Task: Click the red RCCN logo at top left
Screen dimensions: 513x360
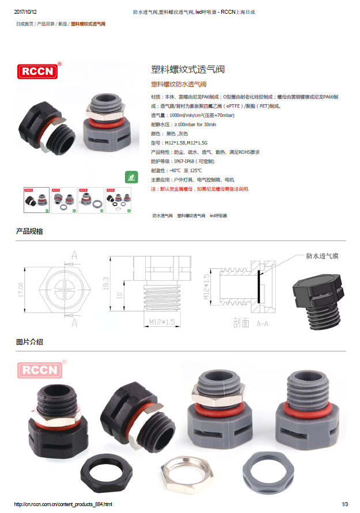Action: click(38, 71)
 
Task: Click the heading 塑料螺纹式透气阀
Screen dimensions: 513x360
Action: click(187, 70)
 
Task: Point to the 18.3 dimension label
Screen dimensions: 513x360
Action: click(106, 282)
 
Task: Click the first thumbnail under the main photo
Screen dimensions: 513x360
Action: click(36, 200)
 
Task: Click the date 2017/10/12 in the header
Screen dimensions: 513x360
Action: click(25, 12)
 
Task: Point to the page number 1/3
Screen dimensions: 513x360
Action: click(345, 504)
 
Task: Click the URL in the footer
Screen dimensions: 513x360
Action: click(62, 504)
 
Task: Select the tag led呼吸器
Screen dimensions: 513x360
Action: click(218, 215)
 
